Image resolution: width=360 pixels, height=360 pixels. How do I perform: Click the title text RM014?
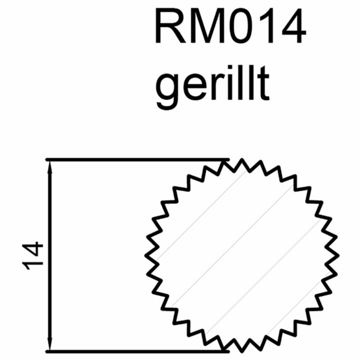[231, 26]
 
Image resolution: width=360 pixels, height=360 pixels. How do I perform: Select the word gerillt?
[213, 88]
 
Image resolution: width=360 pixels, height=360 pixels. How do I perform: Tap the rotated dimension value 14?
[33, 256]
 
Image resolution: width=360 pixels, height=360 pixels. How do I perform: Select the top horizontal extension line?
[137, 159]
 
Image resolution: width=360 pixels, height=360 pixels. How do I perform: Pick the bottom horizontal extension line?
[137, 351]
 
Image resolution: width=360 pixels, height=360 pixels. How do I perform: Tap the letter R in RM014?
[171, 26]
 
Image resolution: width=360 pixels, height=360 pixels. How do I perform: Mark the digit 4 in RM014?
[294, 26]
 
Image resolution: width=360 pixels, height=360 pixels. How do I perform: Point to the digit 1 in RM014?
[268, 26]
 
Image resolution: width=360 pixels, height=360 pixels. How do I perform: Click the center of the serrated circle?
[242, 255]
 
